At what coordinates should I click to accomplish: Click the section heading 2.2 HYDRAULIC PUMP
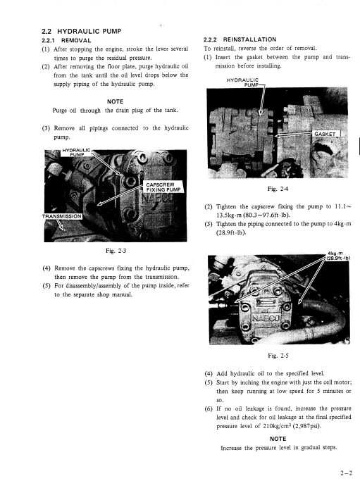pos(82,31)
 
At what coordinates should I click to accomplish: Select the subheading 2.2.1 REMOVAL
pos(66,41)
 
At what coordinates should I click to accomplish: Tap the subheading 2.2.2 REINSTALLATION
pos(240,39)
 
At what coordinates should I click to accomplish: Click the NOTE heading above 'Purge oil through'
pos(115,101)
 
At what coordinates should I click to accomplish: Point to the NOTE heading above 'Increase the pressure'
pos(278,439)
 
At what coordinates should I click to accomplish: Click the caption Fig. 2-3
pos(116,251)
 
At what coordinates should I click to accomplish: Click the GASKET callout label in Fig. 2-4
pos(325,135)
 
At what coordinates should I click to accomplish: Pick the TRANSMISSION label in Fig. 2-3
pos(62,216)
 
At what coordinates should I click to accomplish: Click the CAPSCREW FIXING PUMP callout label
pos(164,187)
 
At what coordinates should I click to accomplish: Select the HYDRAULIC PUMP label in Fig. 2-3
pos(77,152)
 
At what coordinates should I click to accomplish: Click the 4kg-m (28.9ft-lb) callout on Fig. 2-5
pos(337,256)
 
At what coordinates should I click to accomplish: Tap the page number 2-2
pos(347,473)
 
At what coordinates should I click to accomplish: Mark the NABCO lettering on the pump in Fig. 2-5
pos(266,318)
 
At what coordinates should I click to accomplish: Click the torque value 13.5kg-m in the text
pos(229,215)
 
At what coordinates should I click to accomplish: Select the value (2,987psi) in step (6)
pos(311,426)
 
